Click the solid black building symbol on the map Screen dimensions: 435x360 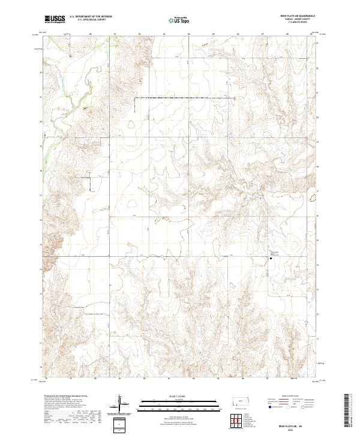click(x=269, y=259)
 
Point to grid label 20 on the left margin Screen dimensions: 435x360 click(x=41, y=121)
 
